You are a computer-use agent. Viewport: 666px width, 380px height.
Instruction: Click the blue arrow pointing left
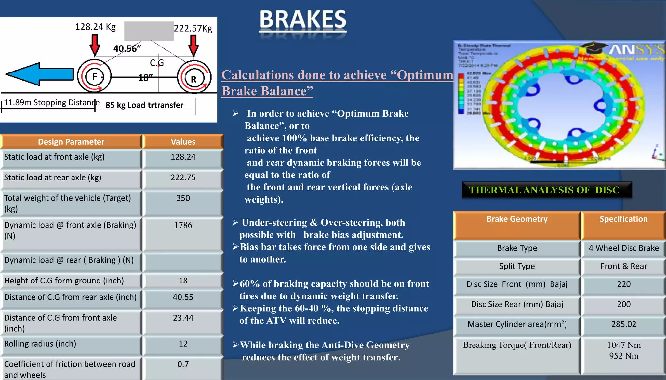tap(40, 74)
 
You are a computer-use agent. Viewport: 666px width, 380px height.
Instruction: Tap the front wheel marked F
tap(94, 77)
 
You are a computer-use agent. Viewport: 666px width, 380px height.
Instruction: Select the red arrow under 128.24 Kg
tap(95, 45)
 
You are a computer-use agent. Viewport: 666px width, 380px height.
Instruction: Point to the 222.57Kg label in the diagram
tap(193, 28)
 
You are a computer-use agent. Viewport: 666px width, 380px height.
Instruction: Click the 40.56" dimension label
tap(127, 49)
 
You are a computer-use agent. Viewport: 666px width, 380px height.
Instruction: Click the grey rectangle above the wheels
tap(149, 31)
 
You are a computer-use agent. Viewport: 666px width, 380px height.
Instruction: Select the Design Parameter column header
tap(71, 142)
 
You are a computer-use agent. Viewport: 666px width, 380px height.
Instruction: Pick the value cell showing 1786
tap(183, 225)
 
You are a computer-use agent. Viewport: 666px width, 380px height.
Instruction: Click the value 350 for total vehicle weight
tap(183, 198)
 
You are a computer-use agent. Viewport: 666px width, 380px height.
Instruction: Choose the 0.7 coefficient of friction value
tap(183, 364)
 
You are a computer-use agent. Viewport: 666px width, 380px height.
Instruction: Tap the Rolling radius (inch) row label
tap(40, 344)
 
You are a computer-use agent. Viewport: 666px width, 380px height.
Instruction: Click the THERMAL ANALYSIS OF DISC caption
tap(544, 190)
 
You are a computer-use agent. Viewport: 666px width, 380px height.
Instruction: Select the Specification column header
tap(623, 219)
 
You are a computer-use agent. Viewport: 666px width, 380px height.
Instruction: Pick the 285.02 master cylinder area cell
tap(623, 324)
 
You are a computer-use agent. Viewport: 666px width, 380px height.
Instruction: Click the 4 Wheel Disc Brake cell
tap(623, 248)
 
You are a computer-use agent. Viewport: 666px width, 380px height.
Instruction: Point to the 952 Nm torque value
tap(623, 356)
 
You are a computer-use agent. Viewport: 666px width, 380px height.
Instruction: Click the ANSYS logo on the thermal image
tap(636, 50)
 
